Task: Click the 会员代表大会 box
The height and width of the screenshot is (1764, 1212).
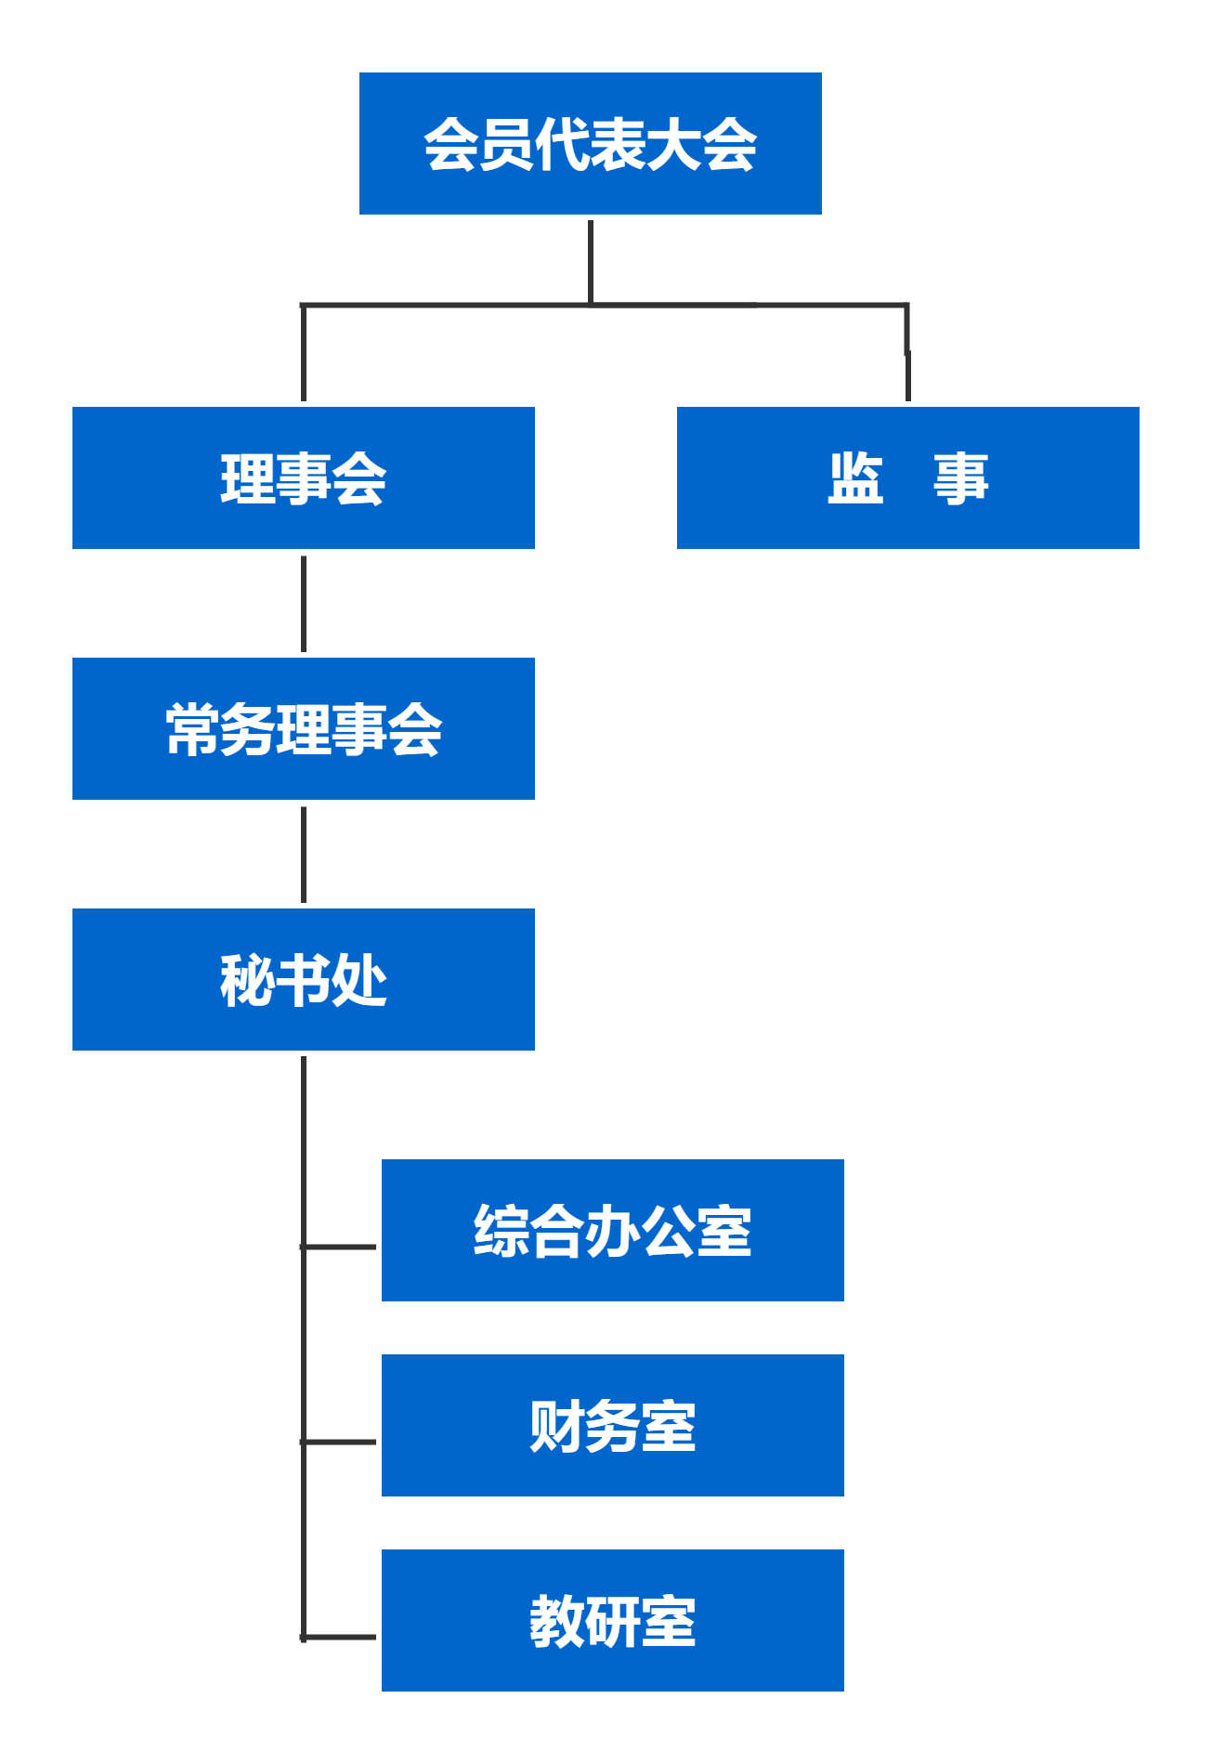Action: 590,143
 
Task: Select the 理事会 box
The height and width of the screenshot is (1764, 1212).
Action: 303,477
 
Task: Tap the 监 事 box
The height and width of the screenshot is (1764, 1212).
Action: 907,477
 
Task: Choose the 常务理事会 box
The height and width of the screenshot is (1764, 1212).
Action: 303,728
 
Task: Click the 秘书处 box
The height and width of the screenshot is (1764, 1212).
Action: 303,979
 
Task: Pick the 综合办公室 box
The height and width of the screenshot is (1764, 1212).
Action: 612,1230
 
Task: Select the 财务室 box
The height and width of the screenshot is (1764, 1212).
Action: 612,1425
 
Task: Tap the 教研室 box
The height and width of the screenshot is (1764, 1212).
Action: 612,1620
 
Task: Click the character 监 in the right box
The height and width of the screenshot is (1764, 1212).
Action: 855,478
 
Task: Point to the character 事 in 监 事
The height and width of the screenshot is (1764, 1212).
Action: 960,478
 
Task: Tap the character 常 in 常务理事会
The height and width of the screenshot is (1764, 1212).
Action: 192,729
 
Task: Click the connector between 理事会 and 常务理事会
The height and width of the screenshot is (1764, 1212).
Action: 304,604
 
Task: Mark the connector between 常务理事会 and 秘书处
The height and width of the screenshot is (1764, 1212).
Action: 304,855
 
